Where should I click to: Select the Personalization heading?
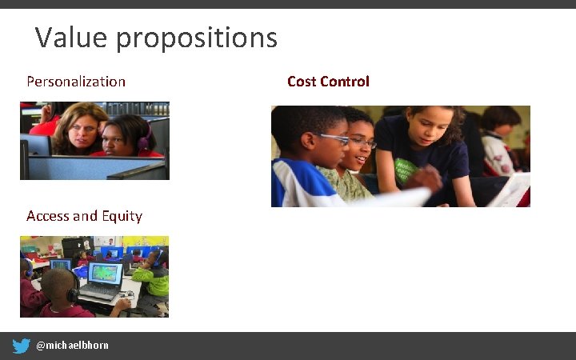click(76, 82)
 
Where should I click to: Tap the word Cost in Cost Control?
click(302, 82)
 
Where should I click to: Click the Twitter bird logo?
click(22, 346)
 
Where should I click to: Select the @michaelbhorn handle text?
click(72, 346)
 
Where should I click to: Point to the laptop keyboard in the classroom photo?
click(99, 296)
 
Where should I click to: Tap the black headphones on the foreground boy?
click(71, 292)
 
